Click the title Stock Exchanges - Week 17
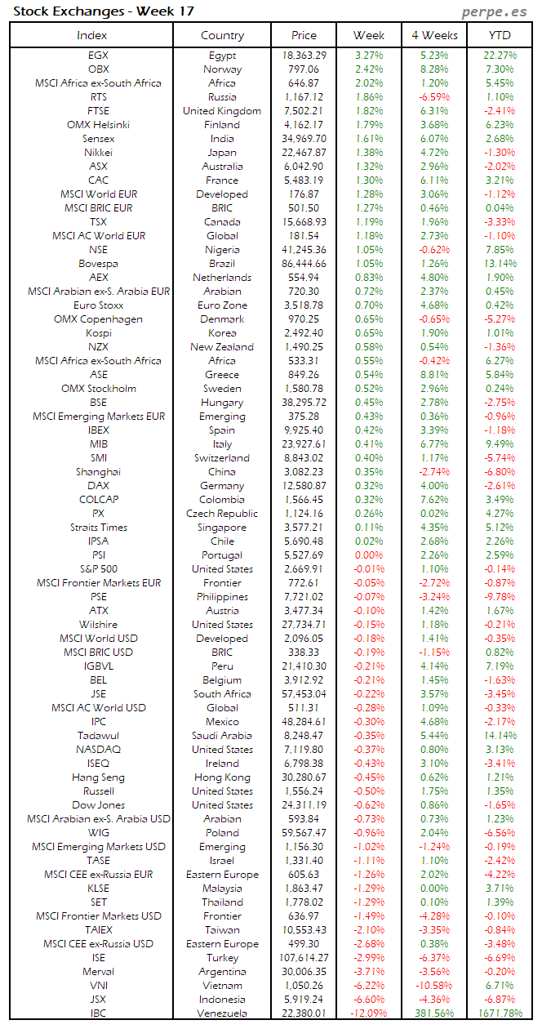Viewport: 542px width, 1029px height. coord(102,11)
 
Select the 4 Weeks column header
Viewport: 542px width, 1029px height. coord(435,35)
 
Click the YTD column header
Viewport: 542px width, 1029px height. coord(500,35)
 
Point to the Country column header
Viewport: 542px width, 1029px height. coord(222,35)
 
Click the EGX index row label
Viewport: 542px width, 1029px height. coord(98,56)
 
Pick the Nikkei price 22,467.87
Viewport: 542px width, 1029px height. coord(303,153)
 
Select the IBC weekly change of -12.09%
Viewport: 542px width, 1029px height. coord(369,1013)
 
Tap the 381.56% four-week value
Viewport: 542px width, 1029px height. coord(434,1013)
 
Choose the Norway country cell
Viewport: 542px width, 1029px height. coord(222,69)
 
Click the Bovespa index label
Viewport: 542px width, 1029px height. coord(98,264)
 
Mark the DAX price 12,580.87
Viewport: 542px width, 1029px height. coord(303,486)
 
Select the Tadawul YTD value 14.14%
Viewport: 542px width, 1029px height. coord(500,736)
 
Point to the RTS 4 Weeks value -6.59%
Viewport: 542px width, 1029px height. coord(434,97)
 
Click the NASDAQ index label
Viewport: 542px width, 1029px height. coord(98,750)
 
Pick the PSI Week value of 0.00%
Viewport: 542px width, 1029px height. coord(369,555)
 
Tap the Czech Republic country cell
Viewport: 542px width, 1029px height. coord(222,514)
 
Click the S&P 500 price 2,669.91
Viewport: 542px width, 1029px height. coord(303,569)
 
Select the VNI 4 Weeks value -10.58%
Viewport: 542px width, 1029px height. coord(434,986)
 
